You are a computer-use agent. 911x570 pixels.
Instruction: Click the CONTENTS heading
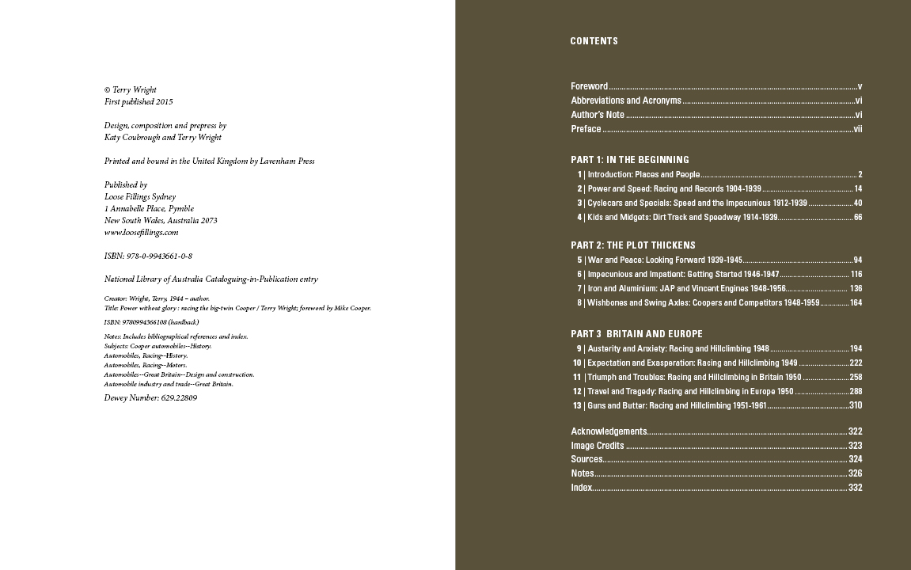(x=594, y=41)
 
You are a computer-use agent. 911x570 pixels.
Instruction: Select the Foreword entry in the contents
(x=589, y=86)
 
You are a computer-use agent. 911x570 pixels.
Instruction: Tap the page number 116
(x=856, y=275)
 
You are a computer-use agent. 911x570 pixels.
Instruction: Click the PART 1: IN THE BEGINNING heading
(x=630, y=160)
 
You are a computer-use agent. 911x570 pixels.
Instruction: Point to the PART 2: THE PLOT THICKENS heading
(x=633, y=245)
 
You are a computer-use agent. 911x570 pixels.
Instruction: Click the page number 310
(x=855, y=405)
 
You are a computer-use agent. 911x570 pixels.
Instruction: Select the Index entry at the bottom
(x=581, y=488)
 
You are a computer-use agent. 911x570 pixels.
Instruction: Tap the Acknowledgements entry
(x=609, y=431)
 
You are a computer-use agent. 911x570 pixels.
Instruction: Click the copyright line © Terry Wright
(x=131, y=90)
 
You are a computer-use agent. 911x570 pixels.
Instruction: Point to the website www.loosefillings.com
(x=141, y=233)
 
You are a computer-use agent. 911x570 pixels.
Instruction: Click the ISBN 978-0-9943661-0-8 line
(x=148, y=256)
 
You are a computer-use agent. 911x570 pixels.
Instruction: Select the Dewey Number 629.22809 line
(x=150, y=398)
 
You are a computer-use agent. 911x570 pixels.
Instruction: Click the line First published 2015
(x=139, y=102)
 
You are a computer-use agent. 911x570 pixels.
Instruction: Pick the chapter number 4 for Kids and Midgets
(x=579, y=218)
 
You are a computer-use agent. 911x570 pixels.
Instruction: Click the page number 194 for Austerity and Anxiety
(x=856, y=349)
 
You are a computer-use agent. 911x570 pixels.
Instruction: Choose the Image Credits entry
(x=598, y=446)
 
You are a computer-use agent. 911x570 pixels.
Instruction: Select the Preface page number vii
(x=857, y=129)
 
